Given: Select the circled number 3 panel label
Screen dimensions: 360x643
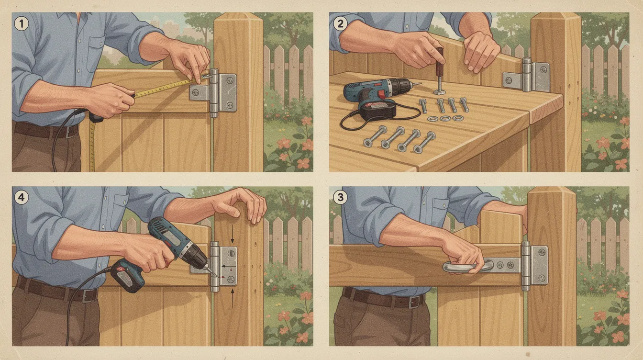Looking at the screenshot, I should point(339,197).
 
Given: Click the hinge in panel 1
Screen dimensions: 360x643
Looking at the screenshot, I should point(214,92).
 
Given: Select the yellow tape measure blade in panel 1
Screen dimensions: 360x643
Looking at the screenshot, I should point(163,88).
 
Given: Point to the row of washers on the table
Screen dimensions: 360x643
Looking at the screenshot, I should point(445,118).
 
